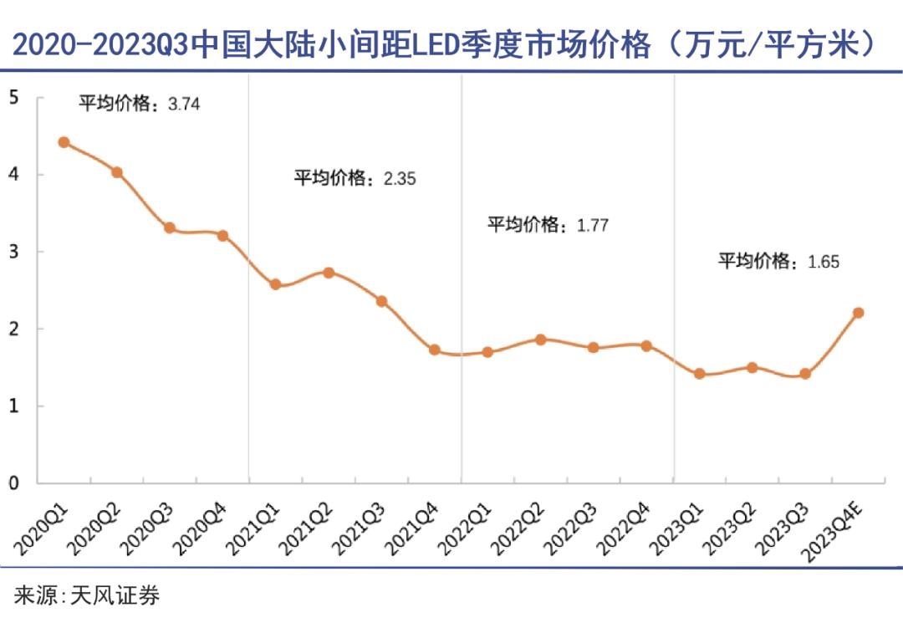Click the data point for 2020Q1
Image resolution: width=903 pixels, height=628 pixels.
click(64, 142)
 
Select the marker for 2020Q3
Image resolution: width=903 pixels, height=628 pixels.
click(170, 227)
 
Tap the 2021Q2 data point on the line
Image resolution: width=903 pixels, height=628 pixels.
click(329, 273)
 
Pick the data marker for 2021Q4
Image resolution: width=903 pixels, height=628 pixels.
click(435, 350)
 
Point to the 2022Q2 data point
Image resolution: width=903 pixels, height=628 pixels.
click(540, 340)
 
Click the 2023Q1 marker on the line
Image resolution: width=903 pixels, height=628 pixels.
click(699, 374)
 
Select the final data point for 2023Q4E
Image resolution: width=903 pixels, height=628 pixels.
click(858, 313)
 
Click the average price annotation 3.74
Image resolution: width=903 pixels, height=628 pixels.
click(140, 105)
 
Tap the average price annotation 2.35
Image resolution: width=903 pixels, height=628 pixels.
click(355, 178)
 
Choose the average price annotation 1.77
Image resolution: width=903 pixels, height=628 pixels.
click(548, 225)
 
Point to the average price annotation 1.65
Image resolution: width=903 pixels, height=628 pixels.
click(778, 262)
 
